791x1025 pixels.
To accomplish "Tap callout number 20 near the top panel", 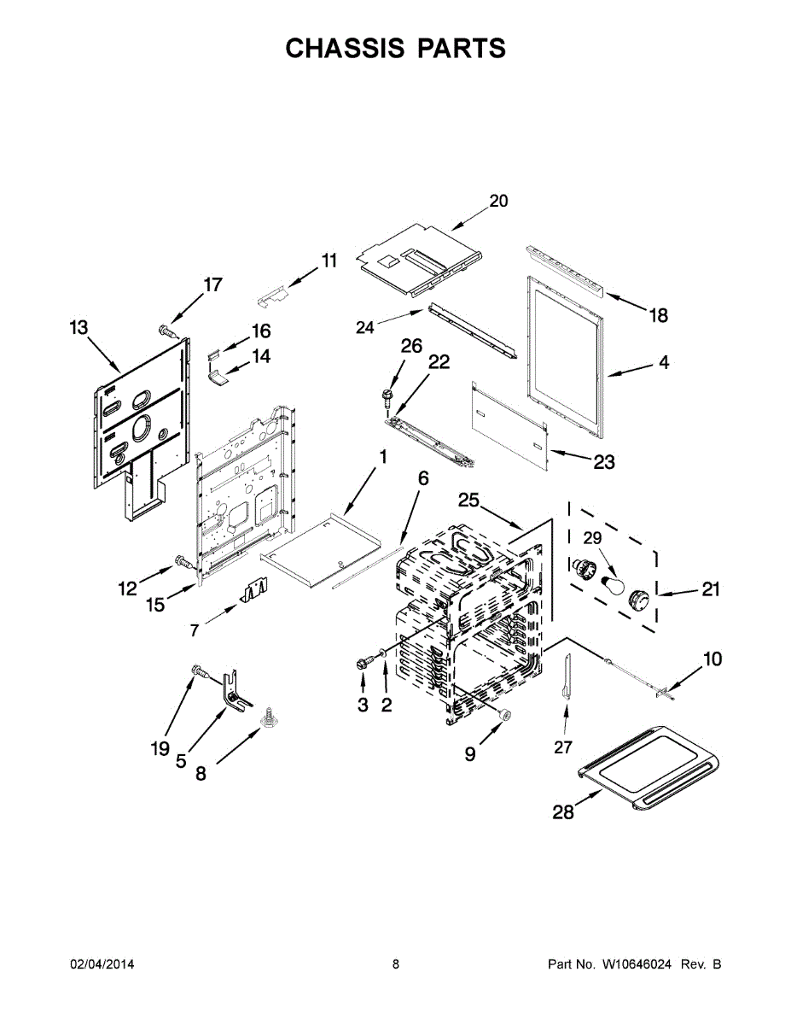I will pyautogui.click(x=498, y=201).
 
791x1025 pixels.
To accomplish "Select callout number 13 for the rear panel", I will pyautogui.click(x=79, y=327).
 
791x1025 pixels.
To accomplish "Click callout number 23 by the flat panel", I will pyautogui.click(x=604, y=461).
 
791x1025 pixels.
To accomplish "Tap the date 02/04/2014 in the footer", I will pyautogui.click(x=102, y=964).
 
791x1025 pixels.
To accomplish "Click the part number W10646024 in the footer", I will pyautogui.click(x=637, y=964).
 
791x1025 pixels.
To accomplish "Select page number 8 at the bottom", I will pyautogui.click(x=396, y=964).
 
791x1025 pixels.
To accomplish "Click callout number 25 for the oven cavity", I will pyautogui.click(x=469, y=499).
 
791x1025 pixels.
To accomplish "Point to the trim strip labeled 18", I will pyautogui.click(x=565, y=269).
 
